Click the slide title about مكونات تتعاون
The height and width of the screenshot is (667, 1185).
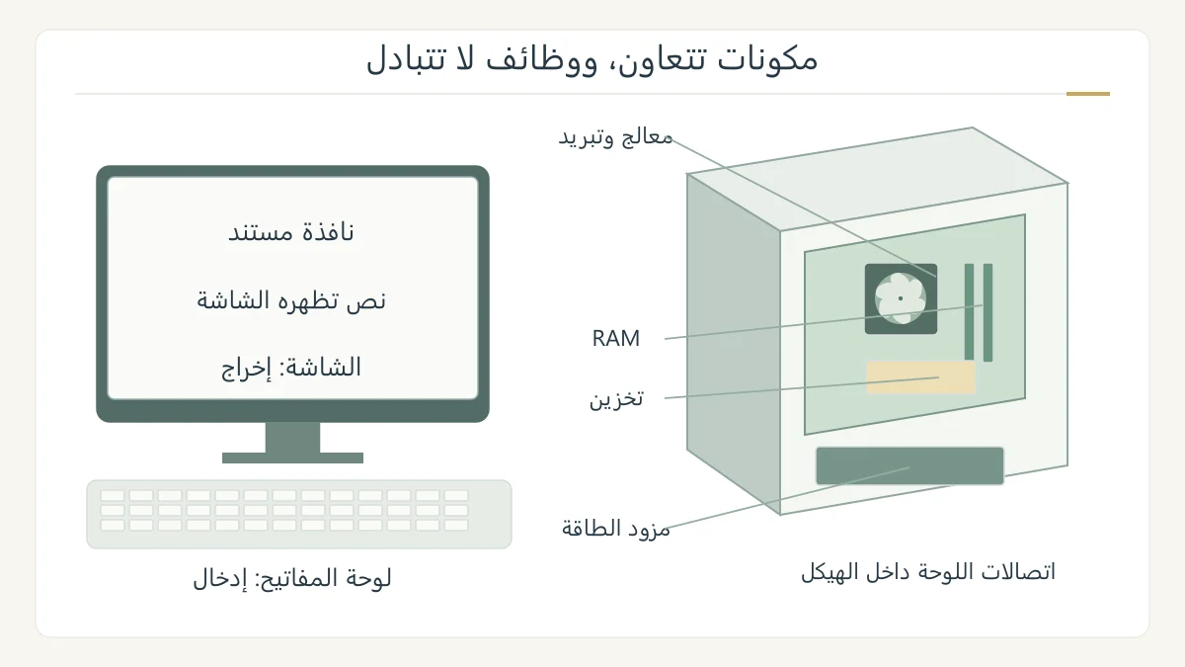592,58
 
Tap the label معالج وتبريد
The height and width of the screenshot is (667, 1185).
616,137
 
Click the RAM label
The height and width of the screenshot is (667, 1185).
616,338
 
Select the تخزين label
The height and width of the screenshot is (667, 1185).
616,398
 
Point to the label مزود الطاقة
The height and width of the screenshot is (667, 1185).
616,529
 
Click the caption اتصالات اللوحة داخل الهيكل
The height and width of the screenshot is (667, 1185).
928,572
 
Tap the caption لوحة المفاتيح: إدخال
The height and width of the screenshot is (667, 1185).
292,579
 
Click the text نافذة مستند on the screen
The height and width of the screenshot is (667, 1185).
291,232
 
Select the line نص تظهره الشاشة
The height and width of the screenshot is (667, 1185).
291,300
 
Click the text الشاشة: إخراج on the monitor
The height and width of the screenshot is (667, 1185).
291,368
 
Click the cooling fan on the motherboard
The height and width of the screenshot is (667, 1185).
901,298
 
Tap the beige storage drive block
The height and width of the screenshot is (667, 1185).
920,377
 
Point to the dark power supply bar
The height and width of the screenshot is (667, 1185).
909,465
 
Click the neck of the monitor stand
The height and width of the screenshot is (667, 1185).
292,437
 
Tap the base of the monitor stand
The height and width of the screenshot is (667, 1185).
292,458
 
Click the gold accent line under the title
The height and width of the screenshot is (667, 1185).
1087,94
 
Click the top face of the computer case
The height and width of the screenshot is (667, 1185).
877,179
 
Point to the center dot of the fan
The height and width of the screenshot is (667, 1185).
901,298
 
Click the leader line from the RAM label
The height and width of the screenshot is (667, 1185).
824,322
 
